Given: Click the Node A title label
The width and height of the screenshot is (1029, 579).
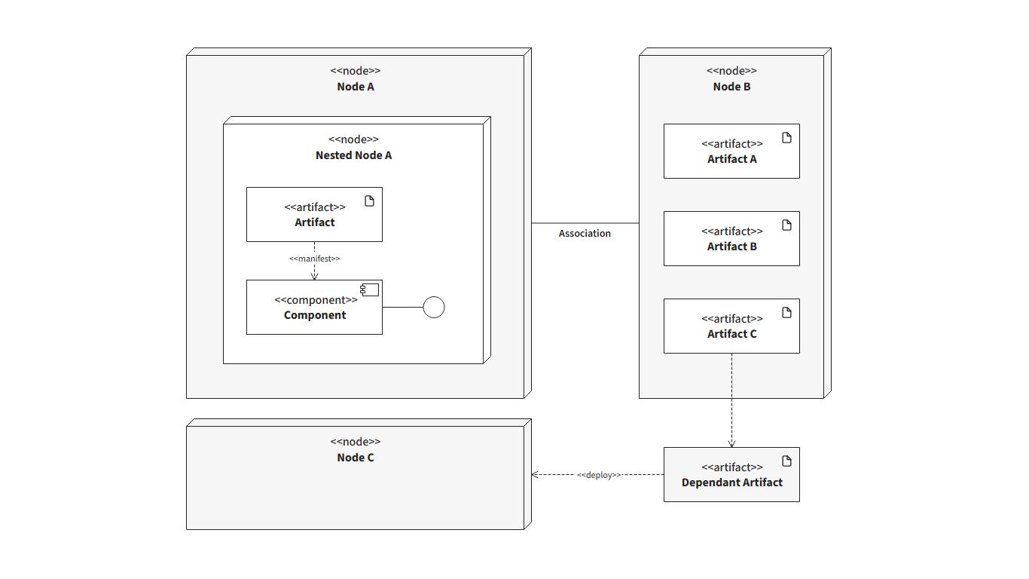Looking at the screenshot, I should [x=355, y=87].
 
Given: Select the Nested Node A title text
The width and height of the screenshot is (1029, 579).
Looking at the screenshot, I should [x=353, y=155].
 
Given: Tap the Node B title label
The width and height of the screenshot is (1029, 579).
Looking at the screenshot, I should [x=731, y=87].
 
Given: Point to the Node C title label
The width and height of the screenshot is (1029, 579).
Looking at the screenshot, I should [x=355, y=458].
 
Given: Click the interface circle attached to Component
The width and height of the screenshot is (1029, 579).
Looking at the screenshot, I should [x=434, y=308].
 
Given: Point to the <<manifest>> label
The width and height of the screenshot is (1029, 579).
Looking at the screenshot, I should [x=314, y=259].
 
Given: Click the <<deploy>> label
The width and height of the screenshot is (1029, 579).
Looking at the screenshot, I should [x=599, y=475].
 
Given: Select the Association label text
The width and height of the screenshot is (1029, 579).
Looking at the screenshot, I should [x=585, y=234].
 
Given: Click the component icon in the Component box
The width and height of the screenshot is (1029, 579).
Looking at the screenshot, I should [x=369, y=290].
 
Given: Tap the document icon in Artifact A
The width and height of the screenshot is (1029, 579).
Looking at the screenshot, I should [x=786, y=138].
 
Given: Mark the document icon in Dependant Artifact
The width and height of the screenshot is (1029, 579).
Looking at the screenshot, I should [x=786, y=461].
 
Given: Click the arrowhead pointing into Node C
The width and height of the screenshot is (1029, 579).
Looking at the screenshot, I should [x=535, y=475].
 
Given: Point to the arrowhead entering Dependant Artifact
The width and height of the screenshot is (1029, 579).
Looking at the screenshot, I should [x=731, y=443].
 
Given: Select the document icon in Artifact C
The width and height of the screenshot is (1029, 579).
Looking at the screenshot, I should [x=786, y=313].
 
